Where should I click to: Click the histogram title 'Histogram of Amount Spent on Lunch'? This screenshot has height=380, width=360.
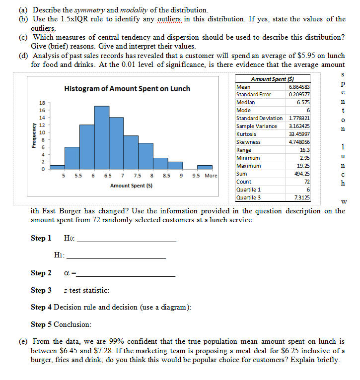(127, 88)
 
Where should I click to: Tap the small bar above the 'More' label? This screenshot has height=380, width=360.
(205, 168)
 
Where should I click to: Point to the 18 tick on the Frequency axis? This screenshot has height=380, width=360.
(42, 103)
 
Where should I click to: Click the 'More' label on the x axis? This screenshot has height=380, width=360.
(211, 176)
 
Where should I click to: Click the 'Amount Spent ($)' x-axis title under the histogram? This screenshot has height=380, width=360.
(131, 185)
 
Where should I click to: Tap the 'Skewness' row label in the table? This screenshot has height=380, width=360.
(248, 142)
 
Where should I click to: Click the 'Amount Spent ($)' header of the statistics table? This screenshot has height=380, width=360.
(273, 79)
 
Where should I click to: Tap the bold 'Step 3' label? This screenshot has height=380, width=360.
(41, 290)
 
